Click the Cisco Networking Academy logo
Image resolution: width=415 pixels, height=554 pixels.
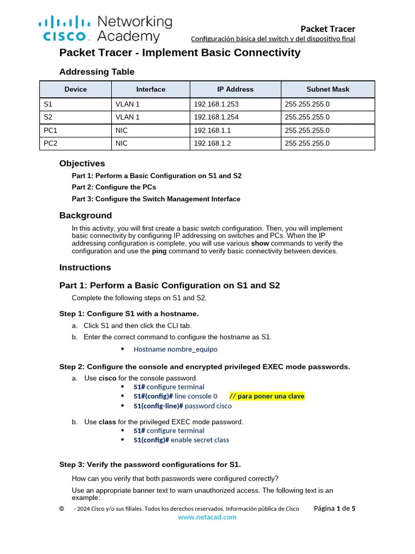click(105, 29)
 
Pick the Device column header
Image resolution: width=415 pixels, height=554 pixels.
click(76, 89)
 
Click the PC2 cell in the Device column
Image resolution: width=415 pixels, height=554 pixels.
click(50, 143)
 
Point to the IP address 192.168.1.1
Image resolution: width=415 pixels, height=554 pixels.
click(212, 130)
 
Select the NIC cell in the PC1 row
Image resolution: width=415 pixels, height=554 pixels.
click(122, 130)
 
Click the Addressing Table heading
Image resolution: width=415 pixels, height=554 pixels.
click(97, 72)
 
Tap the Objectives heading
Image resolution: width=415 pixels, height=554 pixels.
click(82, 163)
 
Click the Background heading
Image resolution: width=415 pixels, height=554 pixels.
click(85, 215)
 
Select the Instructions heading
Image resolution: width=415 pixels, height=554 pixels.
click(85, 267)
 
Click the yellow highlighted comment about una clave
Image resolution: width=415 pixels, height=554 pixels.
click(267, 396)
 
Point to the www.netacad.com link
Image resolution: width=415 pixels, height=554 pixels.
click(207, 517)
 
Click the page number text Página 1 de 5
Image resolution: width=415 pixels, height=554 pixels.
click(334, 509)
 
